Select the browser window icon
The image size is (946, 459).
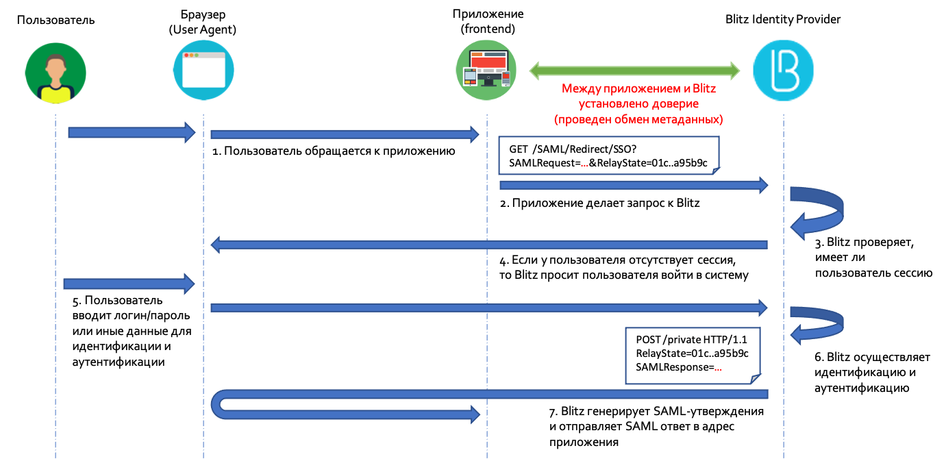tap(203, 71)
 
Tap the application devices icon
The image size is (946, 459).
tap(486, 69)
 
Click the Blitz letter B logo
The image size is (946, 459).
tap(783, 70)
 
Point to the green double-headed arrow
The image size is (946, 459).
tap(634, 70)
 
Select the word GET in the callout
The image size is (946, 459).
tap(519, 149)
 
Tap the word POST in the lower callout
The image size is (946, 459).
tap(647, 340)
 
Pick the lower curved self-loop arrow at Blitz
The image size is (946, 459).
tap(819, 321)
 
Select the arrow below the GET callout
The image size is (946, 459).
tap(634, 185)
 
